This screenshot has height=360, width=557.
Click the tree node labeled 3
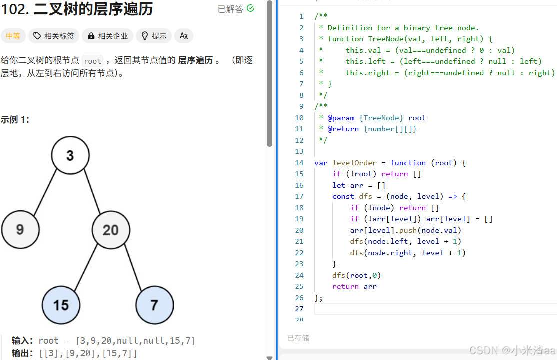pos(70,155)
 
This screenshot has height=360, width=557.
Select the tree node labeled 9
pos(20,230)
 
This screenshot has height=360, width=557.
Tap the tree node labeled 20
pos(111,230)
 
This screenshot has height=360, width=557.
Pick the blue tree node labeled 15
pos(61,305)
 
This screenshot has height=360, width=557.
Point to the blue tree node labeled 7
pos(154,305)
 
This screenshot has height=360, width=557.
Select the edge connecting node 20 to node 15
pos(85,268)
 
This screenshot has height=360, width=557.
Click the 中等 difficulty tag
pos(13,36)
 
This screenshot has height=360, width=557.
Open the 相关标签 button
pos(54,36)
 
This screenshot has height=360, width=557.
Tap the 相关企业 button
pos(108,36)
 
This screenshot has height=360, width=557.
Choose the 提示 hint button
pos(154,36)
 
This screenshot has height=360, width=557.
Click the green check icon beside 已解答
pos(250,8)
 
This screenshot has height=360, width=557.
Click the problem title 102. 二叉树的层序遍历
pos(77,9)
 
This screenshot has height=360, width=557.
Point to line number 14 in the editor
pos(299,163)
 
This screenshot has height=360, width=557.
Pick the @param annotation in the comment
pos(340,118)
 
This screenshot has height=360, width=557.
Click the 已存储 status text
pos(298,338)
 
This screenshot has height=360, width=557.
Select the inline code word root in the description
pos(93,61)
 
